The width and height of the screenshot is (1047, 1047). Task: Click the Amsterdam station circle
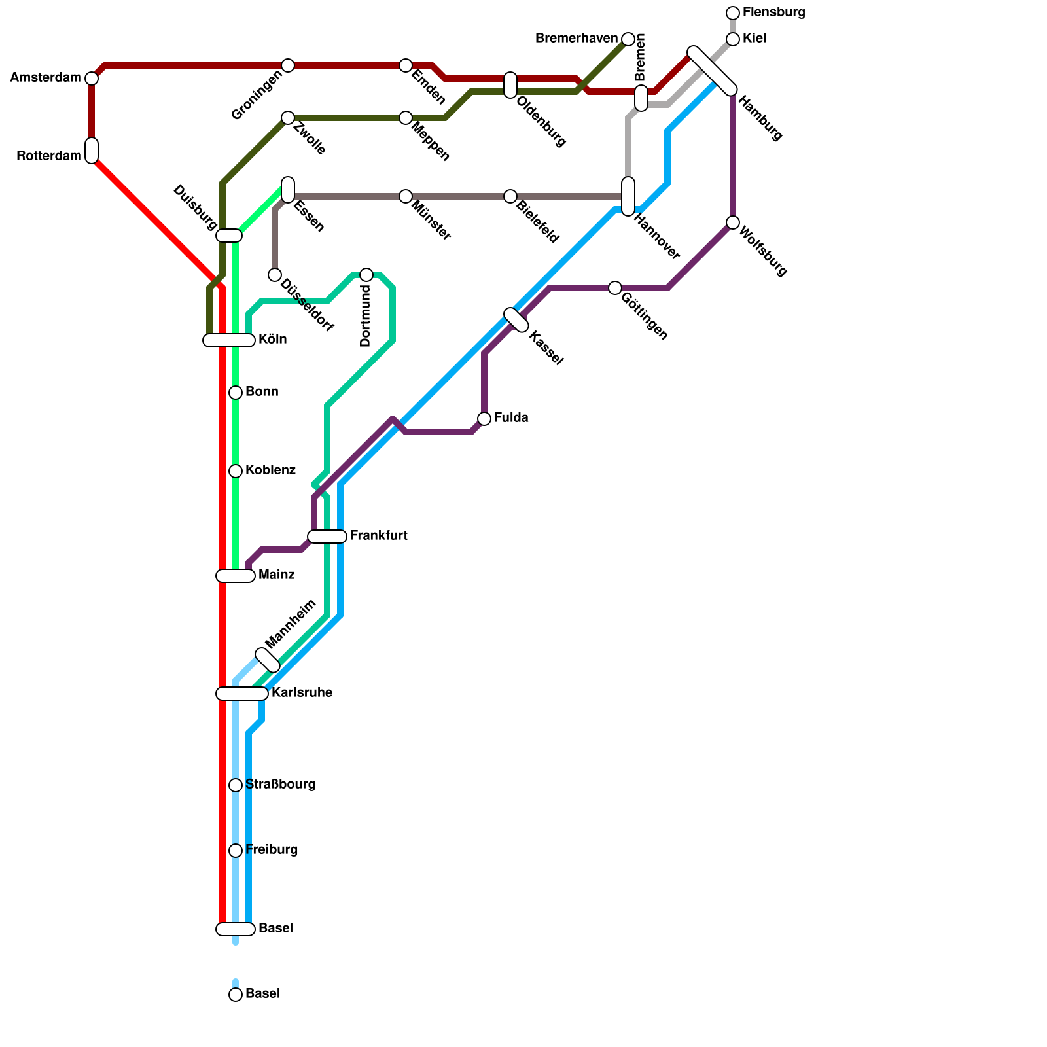pos(92,79)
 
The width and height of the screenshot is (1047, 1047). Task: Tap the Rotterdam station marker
pos(92,151)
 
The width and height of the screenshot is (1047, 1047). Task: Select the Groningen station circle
pos(288,65)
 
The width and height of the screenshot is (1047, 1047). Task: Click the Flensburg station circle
pos(733,13)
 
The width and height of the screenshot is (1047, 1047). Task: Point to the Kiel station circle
pos(733,39)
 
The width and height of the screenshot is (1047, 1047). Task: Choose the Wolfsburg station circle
pos(733,222)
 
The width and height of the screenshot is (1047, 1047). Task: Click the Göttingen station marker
pos(615,288)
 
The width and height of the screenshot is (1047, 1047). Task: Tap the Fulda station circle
pos(484,419)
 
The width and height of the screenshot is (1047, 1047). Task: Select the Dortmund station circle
pos(366,275)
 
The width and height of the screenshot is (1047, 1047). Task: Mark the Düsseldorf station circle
pos(275,275)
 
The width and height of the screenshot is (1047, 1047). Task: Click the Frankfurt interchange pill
pos(327,537)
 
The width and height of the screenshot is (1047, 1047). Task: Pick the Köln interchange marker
pos(229,340)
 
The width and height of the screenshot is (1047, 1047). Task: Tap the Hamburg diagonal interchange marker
pos(713,71)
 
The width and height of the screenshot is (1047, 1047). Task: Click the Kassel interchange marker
pos(516,320)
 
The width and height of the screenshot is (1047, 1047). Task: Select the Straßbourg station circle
pos(236,785)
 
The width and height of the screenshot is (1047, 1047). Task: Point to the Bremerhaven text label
pos(576,39)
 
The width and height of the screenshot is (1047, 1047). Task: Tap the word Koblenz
pos(270,470)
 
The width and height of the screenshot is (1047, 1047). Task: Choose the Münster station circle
pos(406,196)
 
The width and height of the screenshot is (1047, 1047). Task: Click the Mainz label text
pos(276,575)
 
